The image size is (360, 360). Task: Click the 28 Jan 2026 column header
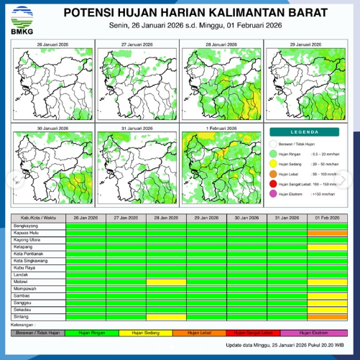click(x=167, y=217)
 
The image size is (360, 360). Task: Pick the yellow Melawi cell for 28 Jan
click(x=167, y=281)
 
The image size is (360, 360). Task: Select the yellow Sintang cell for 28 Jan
click(x=167, y=316)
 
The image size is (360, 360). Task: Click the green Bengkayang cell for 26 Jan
click(x=86, y=225)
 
